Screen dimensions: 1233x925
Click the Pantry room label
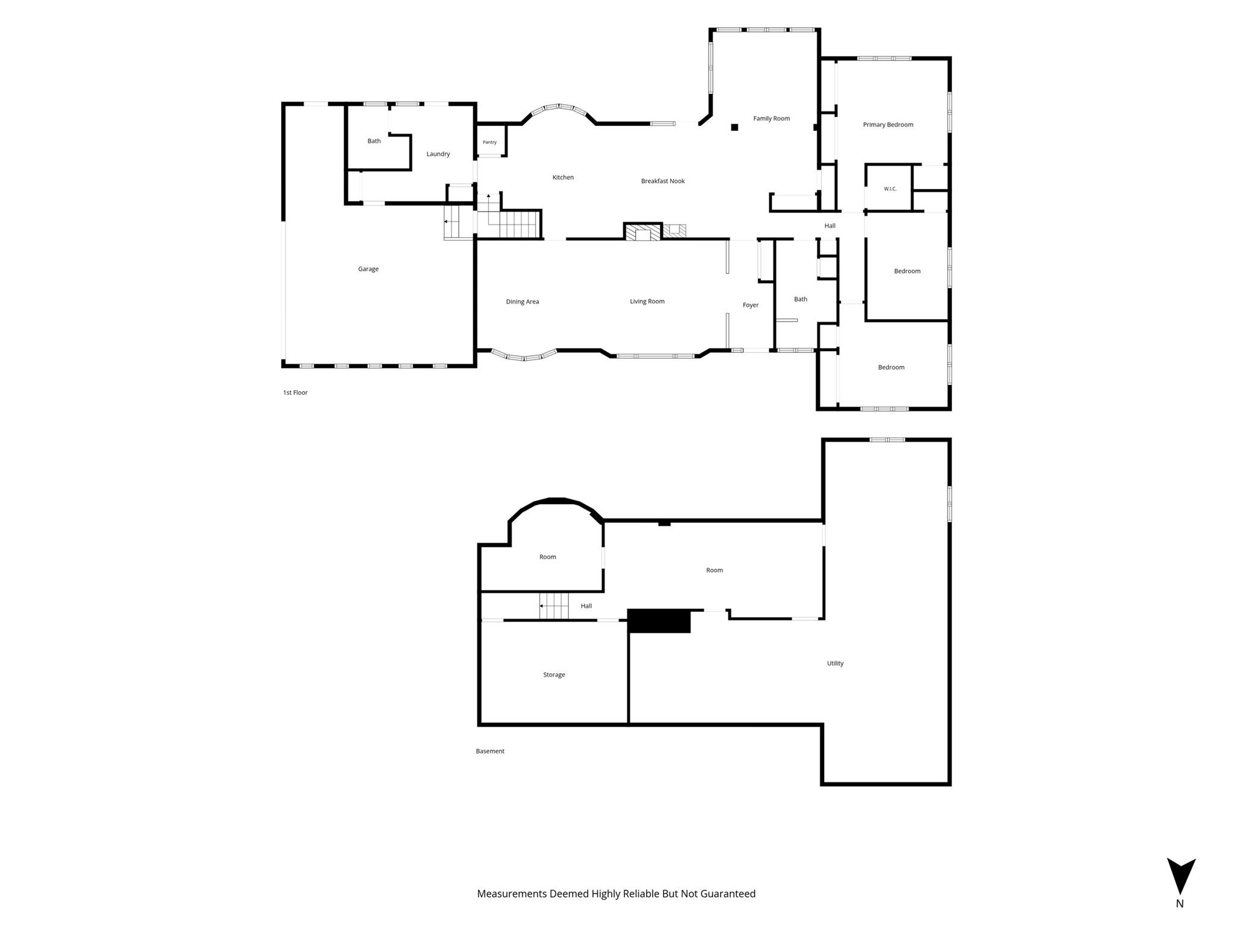(489, 142)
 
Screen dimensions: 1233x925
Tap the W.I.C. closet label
(890, 189)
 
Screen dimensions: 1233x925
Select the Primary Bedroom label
(888, 125)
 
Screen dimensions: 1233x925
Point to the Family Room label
(771, 119)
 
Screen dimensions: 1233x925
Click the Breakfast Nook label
(663, 181)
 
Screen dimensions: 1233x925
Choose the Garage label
(368, 269)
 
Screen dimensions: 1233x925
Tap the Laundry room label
(438, 154)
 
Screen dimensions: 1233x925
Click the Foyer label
(751, 305)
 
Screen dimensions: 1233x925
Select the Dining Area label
(523, 302)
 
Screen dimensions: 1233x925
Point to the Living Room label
(647, 302)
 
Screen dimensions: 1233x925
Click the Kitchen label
(563, 178)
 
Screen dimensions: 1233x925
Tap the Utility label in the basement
(835, 664)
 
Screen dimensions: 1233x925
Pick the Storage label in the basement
(554, 675)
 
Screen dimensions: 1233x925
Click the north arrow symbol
(1181, 876)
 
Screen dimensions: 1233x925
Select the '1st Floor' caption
(295, 393)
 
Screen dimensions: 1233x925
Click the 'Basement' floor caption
(490, 752)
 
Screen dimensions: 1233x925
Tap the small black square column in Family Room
(735, 127)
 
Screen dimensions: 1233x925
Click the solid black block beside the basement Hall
(659, 621)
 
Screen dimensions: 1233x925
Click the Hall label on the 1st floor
(830, 226)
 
